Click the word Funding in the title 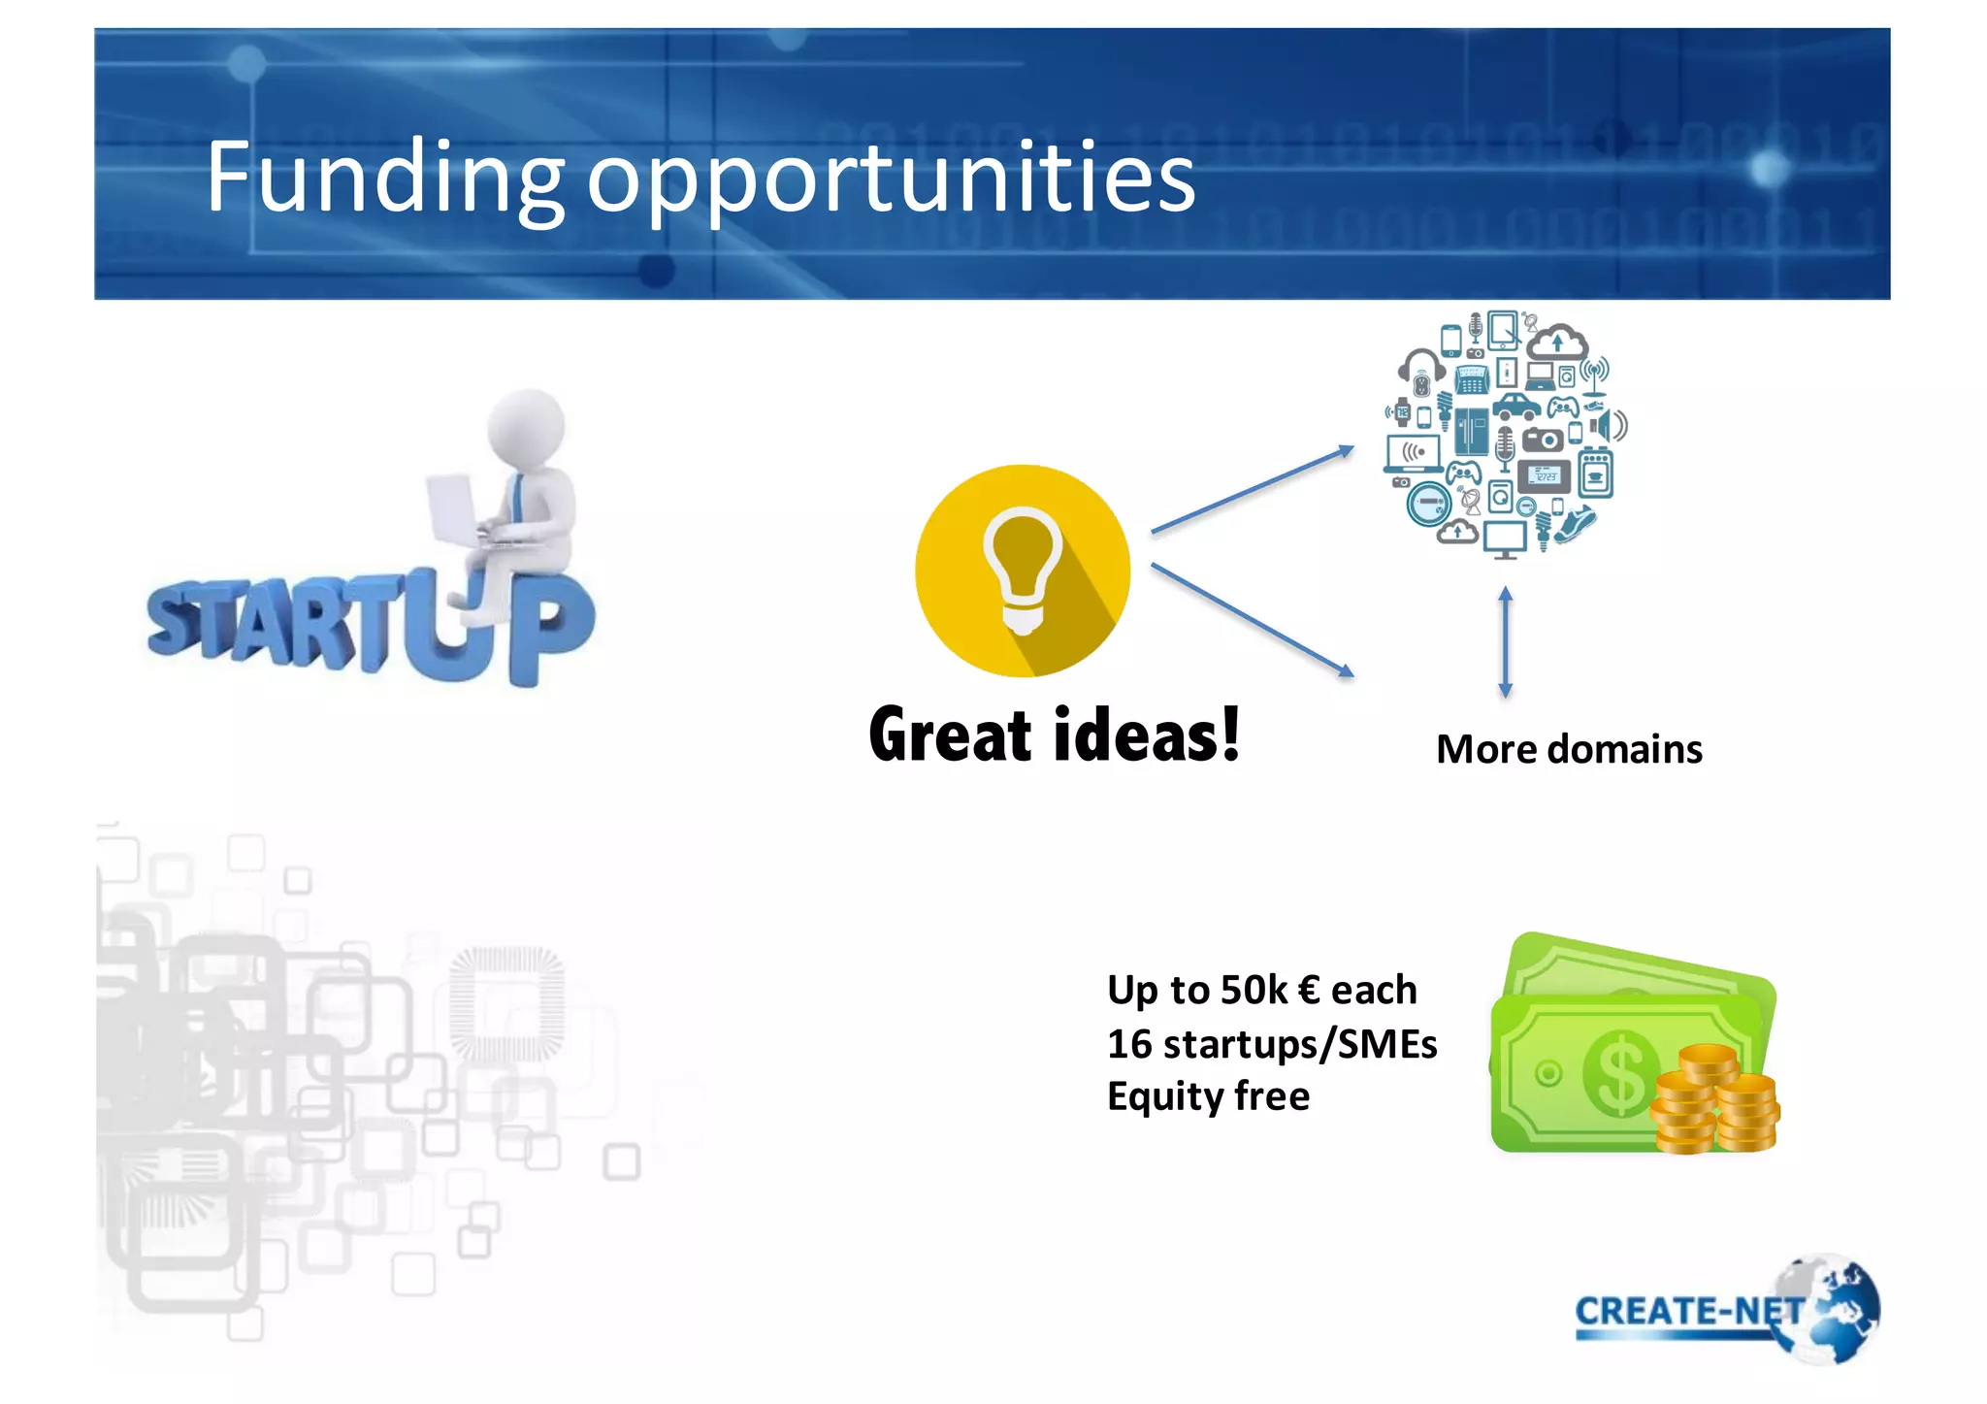click(x=384, y=178)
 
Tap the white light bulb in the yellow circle click(x=1022, y=568)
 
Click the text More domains click(x=1569, y=750)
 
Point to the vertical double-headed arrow click(x=1505, y=642)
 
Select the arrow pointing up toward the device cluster click(x=1252, y=490)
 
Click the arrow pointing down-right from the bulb click(x=1252, y=620)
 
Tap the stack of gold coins click(x=1715, y=1101)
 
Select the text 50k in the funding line click(x=1253, y=991)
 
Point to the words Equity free click(x=1208, y=1097)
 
